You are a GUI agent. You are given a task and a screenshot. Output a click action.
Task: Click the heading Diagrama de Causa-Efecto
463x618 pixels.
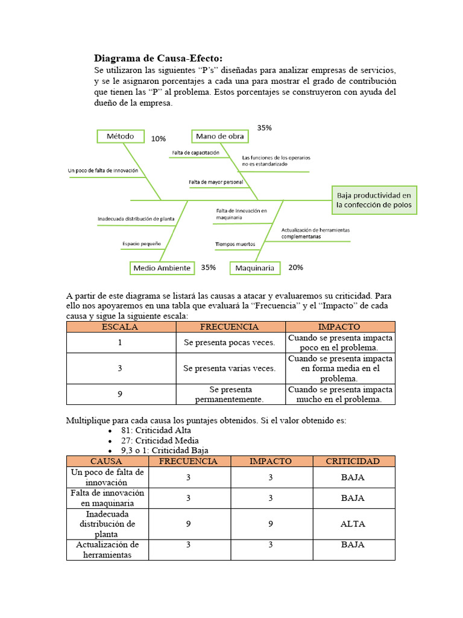click(x=158, y=58)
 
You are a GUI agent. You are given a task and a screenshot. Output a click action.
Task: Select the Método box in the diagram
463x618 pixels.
click(x=121, y=136)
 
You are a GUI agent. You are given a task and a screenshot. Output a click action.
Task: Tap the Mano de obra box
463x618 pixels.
click(x=220, y=136)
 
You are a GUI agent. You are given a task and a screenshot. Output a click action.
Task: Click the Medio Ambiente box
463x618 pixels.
click(x=162, y=267)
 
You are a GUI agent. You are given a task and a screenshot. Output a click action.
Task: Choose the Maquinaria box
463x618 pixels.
click(x=255, y=267)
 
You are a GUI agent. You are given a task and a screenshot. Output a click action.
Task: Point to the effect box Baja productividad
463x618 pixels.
click(x=374, y=200)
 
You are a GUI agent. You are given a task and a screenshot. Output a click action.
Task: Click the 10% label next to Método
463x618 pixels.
click(x=159, y=139)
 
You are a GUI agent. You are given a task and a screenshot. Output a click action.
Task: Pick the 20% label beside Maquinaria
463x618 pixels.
click(x=295, y=267)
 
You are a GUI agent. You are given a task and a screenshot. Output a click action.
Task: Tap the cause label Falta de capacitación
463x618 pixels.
click(x=195, y=153)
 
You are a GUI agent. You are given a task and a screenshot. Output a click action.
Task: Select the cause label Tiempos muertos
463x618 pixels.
click(x=235, y=244)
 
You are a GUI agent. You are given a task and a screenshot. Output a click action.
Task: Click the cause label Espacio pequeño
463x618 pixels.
click(x=142, y=244)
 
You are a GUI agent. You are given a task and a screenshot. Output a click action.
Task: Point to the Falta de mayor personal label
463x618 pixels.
click(x=216, y=182)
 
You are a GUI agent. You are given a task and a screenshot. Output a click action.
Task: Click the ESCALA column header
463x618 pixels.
click(x=121, y=327)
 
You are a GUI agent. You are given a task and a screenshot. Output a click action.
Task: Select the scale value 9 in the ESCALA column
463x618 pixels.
click(x=121, y=394)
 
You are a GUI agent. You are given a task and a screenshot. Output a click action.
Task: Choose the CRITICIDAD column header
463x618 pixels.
click(x=353, y=461)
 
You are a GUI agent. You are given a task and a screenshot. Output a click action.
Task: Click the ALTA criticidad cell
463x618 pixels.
click(x=353, y=524)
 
